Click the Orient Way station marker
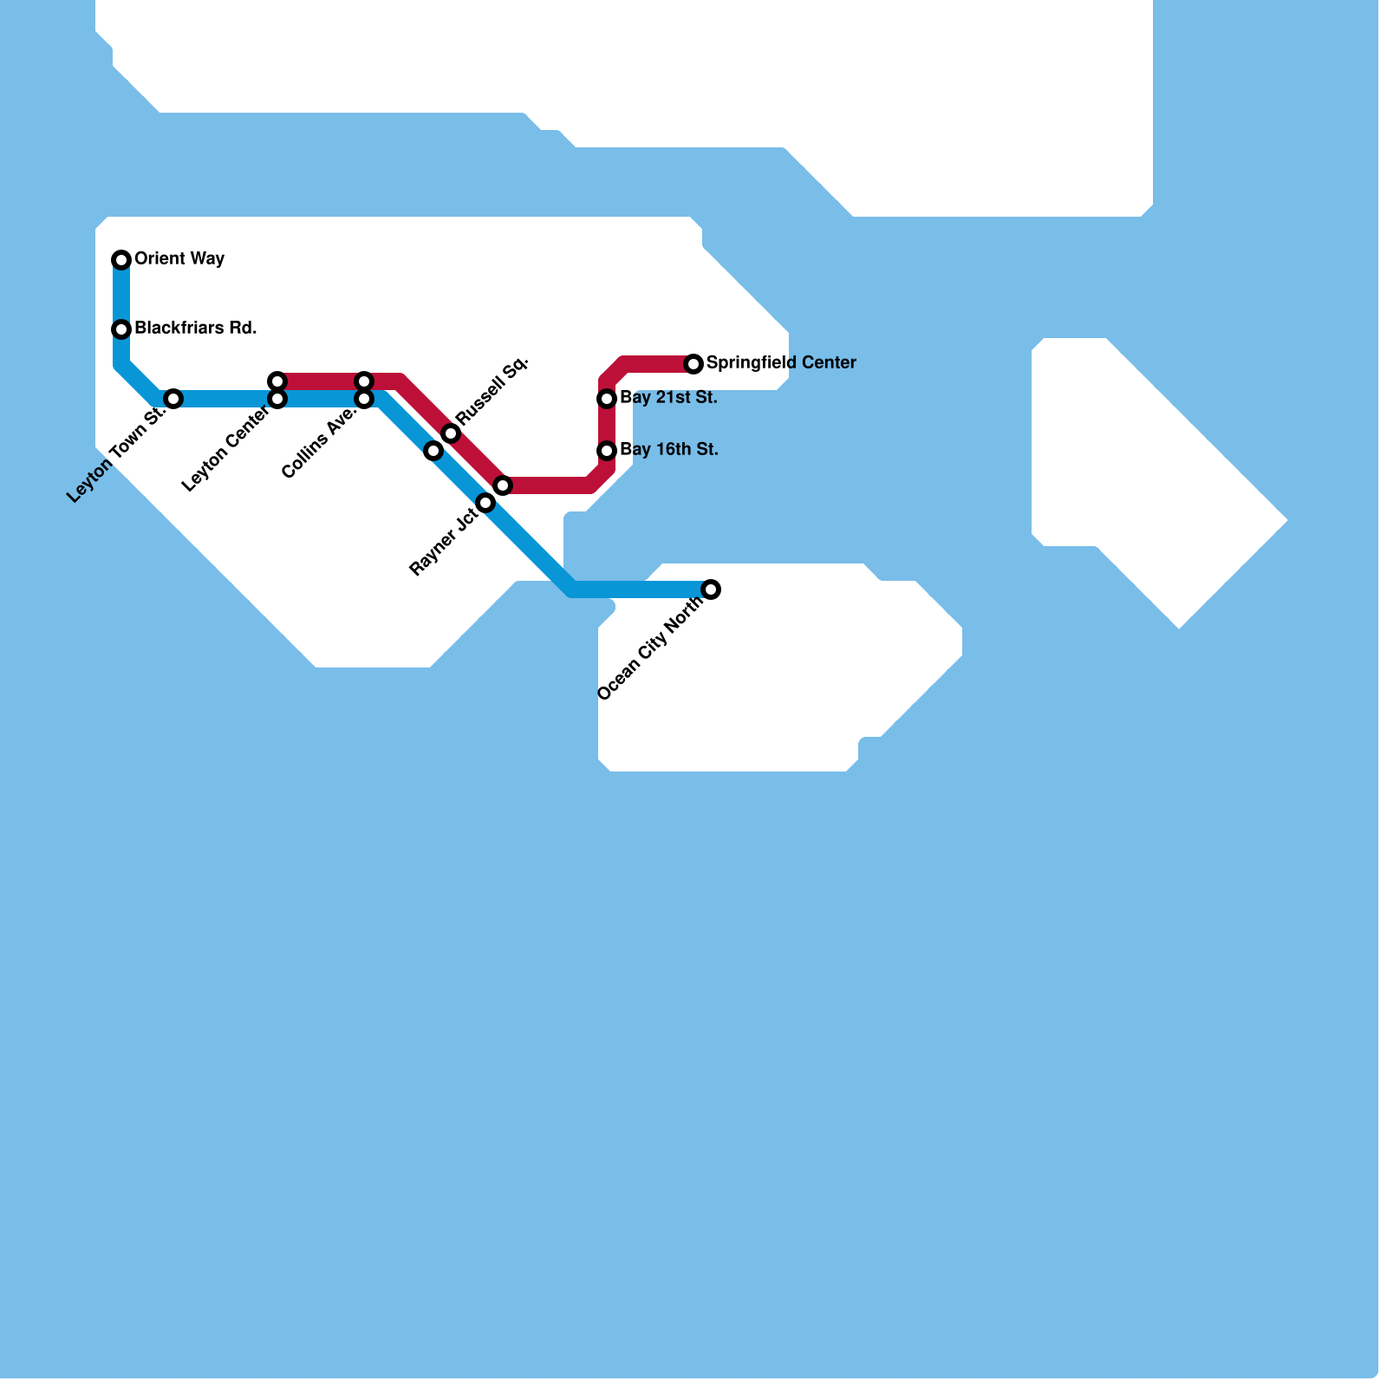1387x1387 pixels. click(121, 259)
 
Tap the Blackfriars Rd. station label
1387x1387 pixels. click(195, 329)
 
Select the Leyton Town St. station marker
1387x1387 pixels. click(173, 399)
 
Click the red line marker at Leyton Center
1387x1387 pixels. click(277, 381)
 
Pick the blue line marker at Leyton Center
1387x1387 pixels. click(277, 399)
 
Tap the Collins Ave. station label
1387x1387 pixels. click(319, 443)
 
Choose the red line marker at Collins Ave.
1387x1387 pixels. click(364, 381)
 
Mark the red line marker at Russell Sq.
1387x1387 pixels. click(451, 433)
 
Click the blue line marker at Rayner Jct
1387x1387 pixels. click(485, 503)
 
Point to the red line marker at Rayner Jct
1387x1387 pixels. click(503, 485)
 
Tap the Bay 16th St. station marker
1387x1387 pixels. click(607, 451)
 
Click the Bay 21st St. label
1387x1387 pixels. click(668, 398)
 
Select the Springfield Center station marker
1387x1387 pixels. click(693, 364)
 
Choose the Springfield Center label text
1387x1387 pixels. click(781, 363)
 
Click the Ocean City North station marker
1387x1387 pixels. click(711, 589)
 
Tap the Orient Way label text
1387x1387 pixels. click(179, 259)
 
